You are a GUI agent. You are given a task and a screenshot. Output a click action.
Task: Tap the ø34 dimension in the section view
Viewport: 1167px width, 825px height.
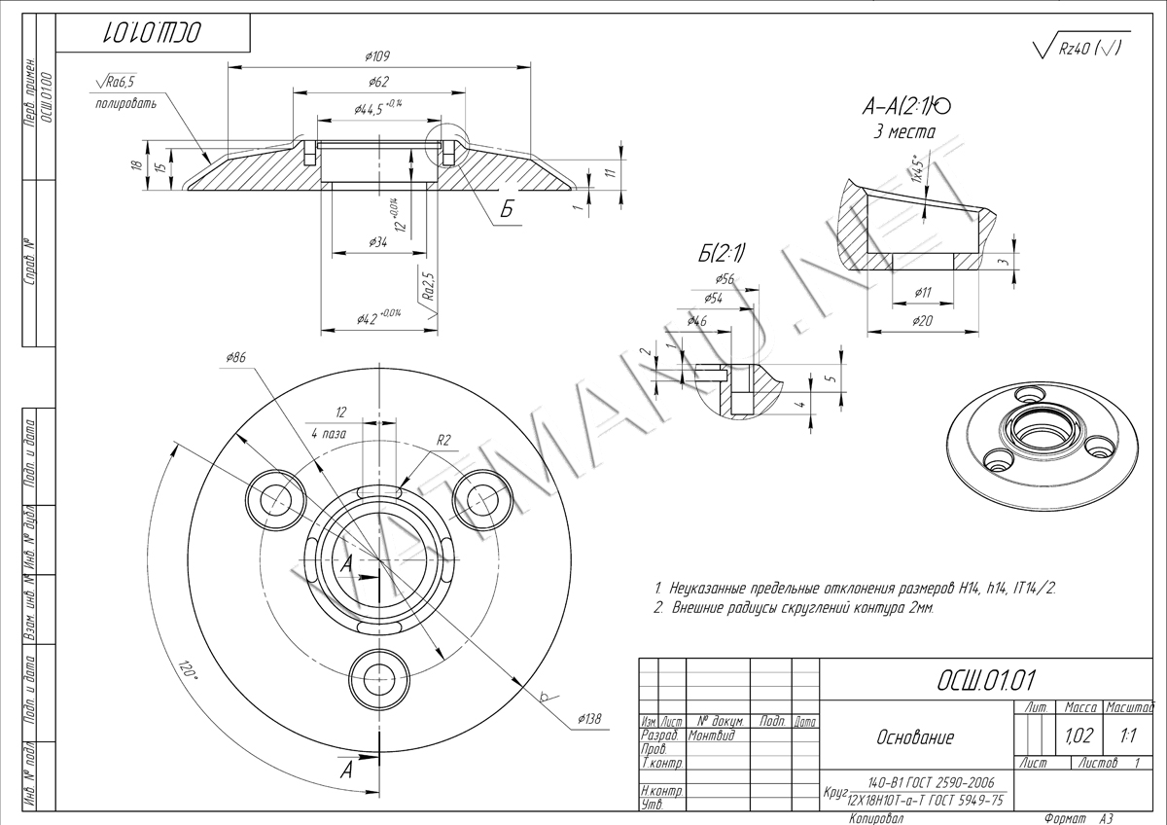coord(378,243)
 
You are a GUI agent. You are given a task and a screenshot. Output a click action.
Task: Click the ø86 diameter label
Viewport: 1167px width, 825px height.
coord(235,358)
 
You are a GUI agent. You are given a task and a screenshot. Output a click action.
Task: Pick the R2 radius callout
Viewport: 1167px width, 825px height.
coord(443,440)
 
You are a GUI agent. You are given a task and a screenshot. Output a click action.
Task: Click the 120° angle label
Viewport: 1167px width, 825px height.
coord(187,670)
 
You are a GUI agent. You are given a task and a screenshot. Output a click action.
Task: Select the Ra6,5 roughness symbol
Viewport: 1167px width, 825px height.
coord(117,83)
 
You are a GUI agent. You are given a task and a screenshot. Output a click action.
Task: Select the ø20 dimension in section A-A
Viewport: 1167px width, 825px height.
coord(923,320)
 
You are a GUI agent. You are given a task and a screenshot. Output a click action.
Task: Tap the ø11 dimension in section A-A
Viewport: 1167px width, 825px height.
coord(923,292)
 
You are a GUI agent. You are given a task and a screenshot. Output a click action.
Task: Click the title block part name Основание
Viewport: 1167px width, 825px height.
coord(915,737)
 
